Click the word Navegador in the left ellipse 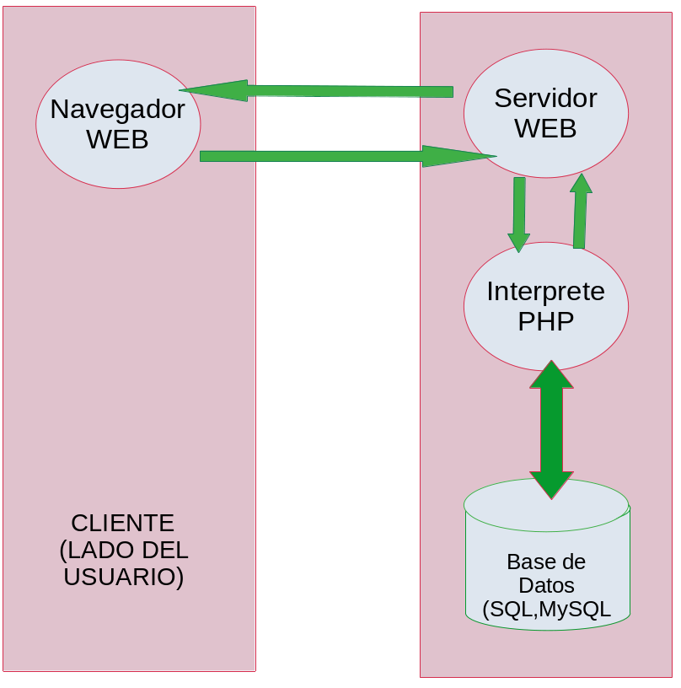117,110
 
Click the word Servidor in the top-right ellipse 545,99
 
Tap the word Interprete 545,292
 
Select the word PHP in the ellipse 545,321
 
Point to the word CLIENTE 123,523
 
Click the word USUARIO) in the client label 124,578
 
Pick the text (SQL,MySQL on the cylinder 546,610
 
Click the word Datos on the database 546,585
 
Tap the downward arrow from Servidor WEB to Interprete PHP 519,211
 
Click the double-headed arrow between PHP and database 551,430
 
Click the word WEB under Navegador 117,139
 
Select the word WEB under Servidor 545,128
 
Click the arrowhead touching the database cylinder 551,486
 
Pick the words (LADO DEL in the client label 124,551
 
